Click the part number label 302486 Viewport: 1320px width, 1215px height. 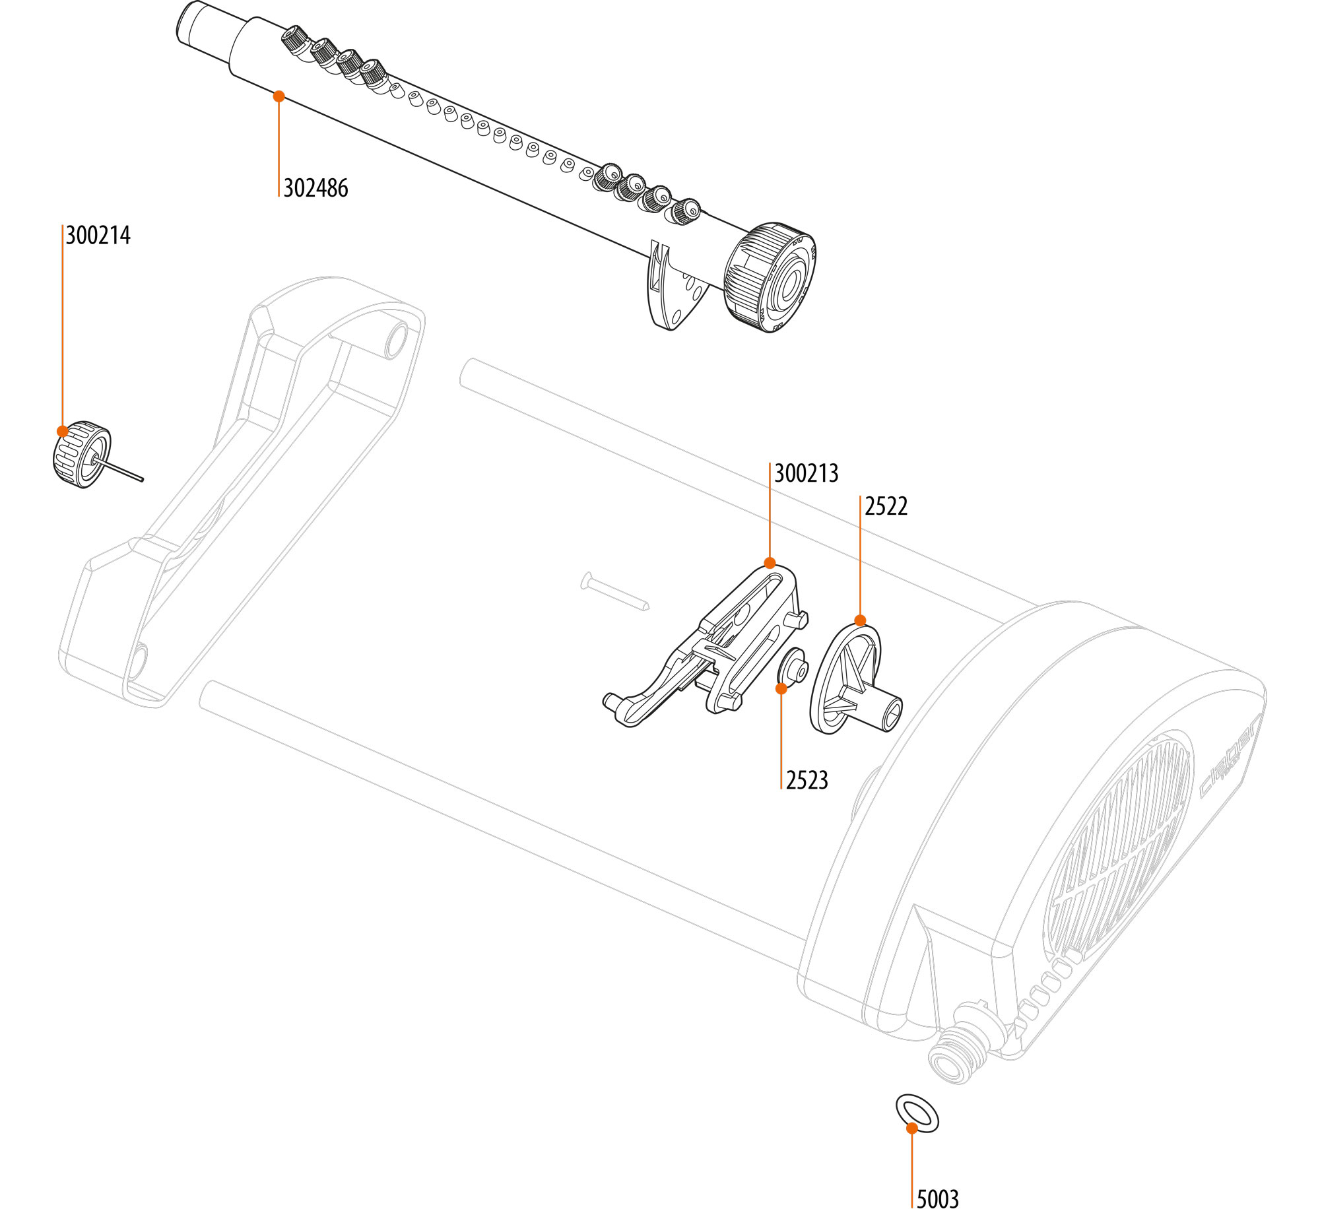coord(315,188)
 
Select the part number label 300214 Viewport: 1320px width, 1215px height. coord(98,236)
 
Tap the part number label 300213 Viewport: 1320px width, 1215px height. coord(806,473)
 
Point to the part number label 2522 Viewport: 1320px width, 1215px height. coord(886,506)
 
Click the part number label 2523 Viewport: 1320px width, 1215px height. coord(807,780)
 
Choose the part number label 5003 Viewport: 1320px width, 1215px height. coord(937,1199)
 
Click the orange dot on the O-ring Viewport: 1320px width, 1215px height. coord(911,1128)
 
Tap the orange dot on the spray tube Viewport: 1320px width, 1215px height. coord(279,96)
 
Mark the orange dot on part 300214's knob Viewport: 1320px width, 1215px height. coord(62,431)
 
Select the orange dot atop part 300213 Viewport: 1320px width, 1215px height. coord(770,563)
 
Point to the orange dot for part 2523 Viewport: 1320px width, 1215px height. coord(781,688)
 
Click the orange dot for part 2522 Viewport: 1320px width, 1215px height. coord(860,620)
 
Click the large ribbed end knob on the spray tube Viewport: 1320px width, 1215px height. coord(770,277)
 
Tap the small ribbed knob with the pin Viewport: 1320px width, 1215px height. coord(82,454)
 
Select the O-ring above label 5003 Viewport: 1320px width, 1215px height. coord(917,1114)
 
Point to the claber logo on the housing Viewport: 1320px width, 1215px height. coord(1229,756)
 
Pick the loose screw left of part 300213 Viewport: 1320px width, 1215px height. coord(615,592)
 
